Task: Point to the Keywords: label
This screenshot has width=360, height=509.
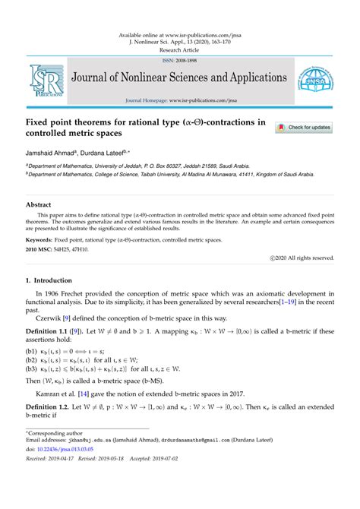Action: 44,239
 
